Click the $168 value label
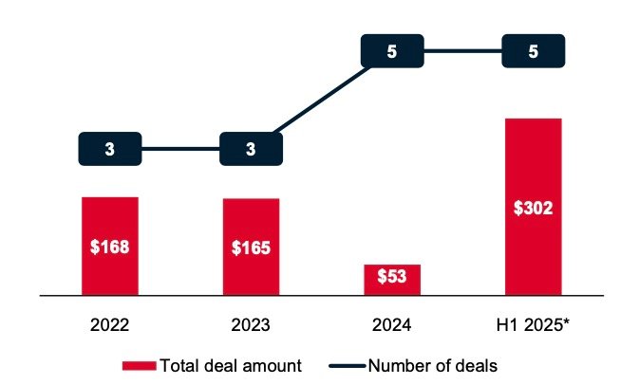[109, 247]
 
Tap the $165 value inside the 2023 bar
[251, 248]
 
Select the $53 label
[392, 278]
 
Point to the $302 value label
[533, 208]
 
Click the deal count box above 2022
[109, 149]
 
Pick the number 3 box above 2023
[251, 149]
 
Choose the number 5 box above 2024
[392, 51]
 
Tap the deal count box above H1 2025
[533, 51]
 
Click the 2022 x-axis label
[109, 325]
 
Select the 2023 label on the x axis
[251, 325]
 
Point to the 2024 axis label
[392, 325]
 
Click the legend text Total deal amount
[231, 365]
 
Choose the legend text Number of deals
[432, 365]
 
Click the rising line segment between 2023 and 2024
[321, 100]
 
